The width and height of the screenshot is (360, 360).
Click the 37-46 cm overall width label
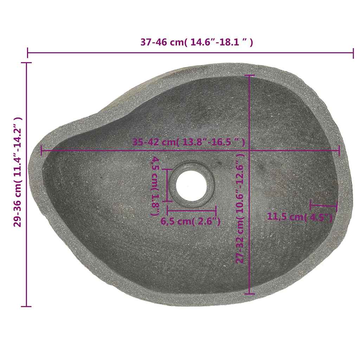(197, 42)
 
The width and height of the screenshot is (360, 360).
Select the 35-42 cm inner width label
(188, 142)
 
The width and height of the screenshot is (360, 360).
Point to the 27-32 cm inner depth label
(240, 208)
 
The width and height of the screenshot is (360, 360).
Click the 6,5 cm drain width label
(191, 221)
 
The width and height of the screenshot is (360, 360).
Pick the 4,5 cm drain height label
(155, 186)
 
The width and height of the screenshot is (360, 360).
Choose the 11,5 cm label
(300, 217)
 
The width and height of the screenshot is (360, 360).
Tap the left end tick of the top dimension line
(28, 53)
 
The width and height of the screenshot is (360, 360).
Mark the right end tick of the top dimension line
(353, 53)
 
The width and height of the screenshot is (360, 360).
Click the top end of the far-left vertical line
(26, 63)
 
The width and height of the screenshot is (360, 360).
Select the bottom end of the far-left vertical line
(26, 306)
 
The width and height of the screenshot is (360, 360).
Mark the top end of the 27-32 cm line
(249, 75)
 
